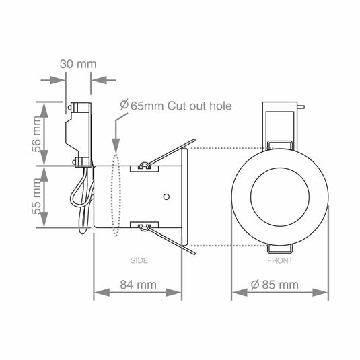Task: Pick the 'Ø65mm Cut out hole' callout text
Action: [175, 106]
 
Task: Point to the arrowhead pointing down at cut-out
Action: [116, 145]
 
